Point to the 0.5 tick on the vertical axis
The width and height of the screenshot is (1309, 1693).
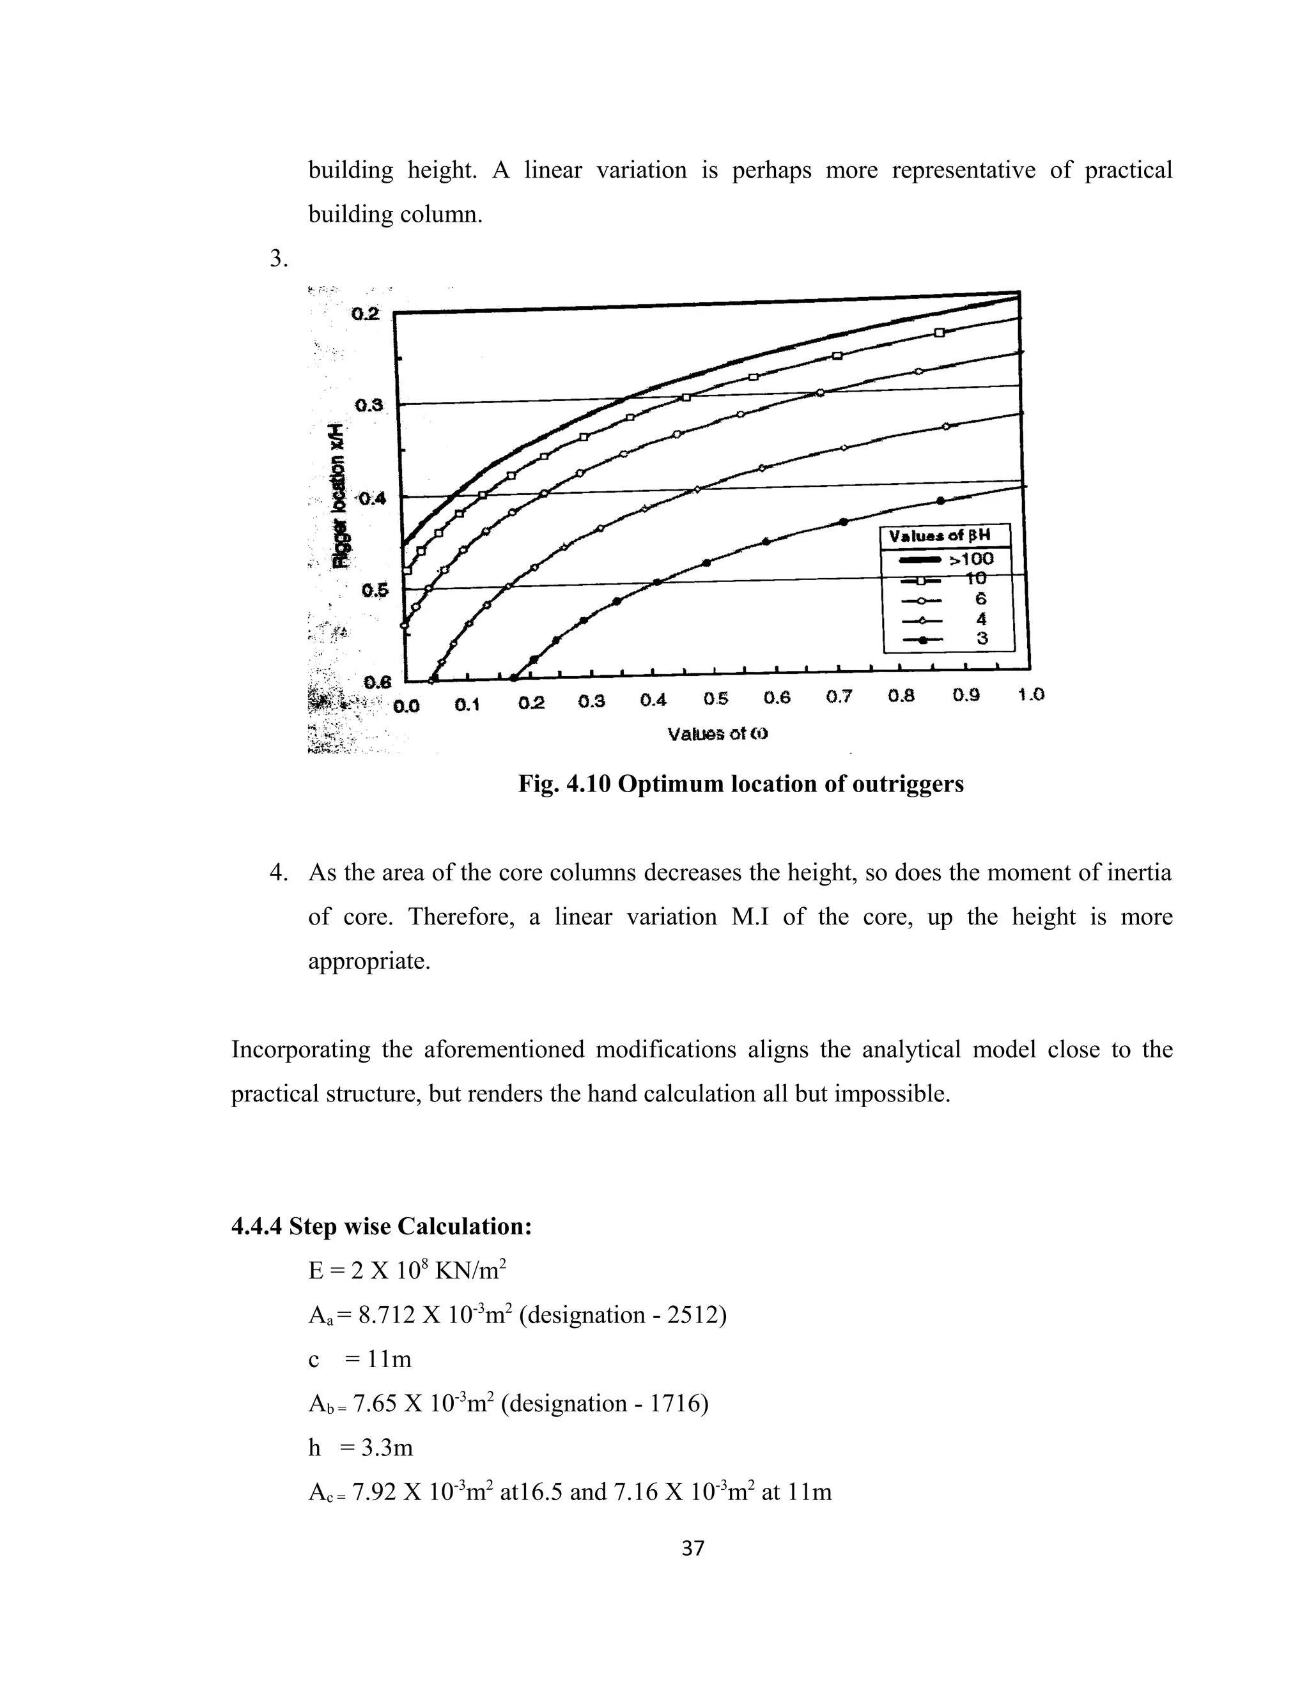click(374, 591)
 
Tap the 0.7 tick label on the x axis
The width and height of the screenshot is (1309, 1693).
click(839, 697)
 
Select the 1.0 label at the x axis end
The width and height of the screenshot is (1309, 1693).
click(1030, 694)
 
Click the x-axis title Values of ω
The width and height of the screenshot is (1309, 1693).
click(717, 733)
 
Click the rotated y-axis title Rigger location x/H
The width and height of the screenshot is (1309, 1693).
click(341, 496)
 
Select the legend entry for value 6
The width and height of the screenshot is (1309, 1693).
click(981, 599)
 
